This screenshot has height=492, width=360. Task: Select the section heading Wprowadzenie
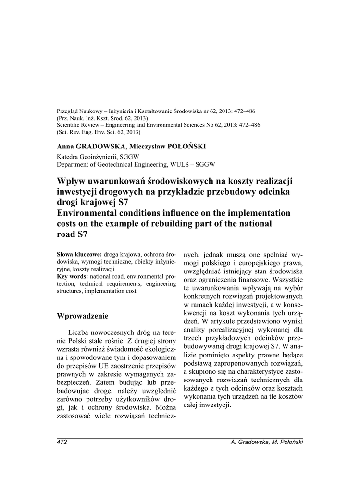click(x=83, y=316)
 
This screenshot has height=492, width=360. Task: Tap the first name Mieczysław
click(x=147, y=146)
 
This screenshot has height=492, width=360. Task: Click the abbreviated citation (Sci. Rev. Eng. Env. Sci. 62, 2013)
click(x=99, y=131)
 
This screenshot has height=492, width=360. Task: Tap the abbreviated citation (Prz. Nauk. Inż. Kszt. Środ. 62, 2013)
click(x=102, y=118)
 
